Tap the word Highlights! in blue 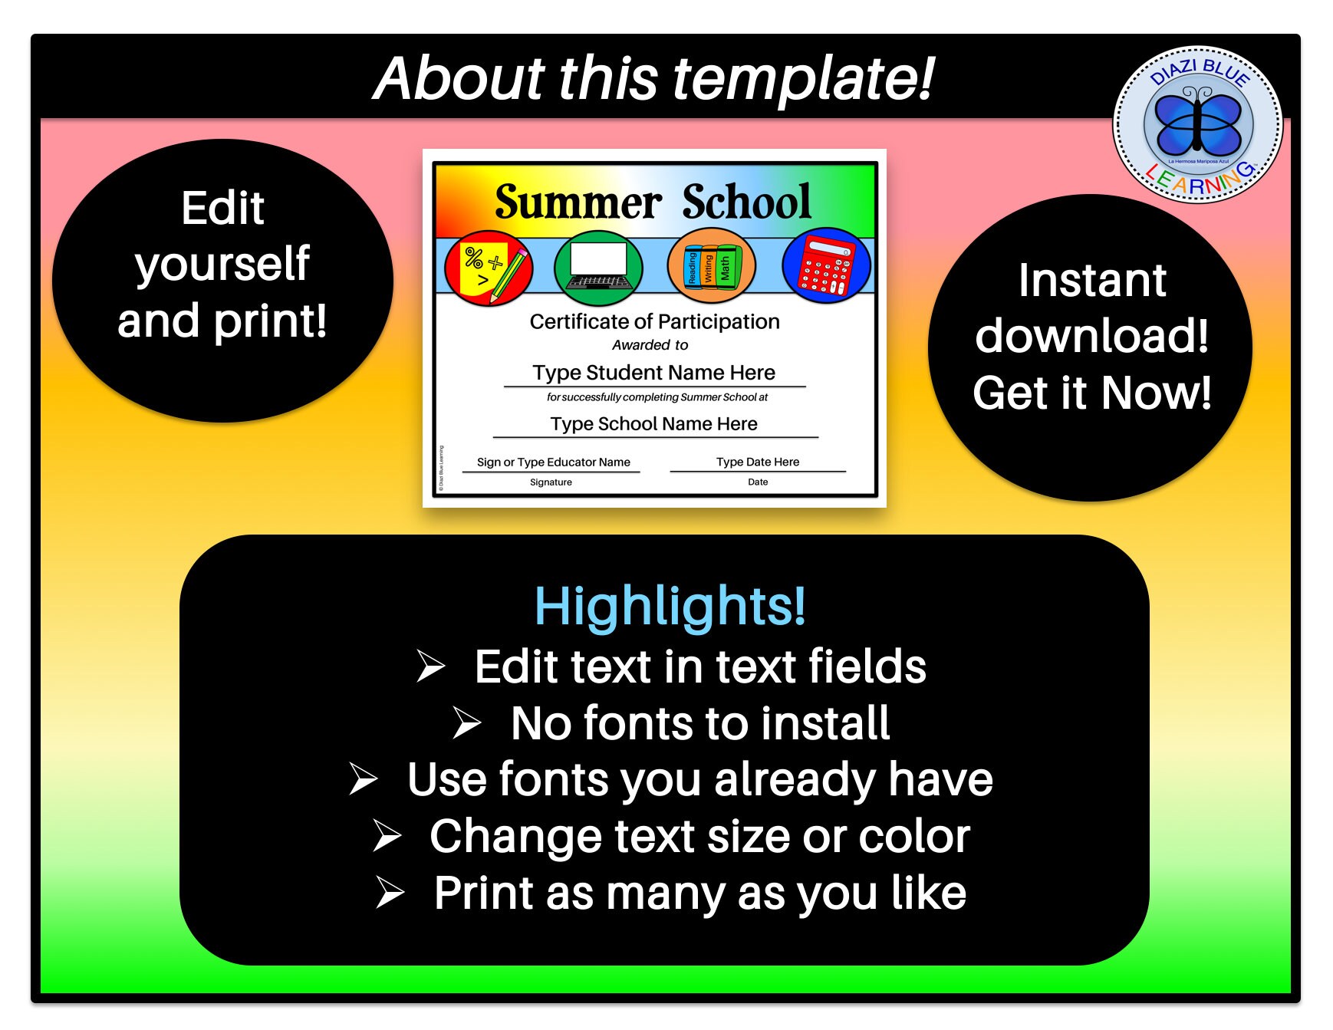pos(670,606)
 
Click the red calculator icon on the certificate pos(826,266)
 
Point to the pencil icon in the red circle pos(508,273)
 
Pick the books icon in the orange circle pos(711,267)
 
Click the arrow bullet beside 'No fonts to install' pos(466,722)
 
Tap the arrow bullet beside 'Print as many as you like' pos(390,893)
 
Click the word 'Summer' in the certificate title pos(578,202)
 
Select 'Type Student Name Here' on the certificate pos(654,373)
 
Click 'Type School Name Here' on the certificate pos(654,424)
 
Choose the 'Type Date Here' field pos(758,462)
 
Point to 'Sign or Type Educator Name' pos(553,462)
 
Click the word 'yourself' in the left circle pos(222,264)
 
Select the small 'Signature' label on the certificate pos(551,482)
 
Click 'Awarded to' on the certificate pos(650,345)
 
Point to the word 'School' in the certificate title pos(746,202)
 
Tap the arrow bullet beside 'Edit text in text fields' pos(431,666)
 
